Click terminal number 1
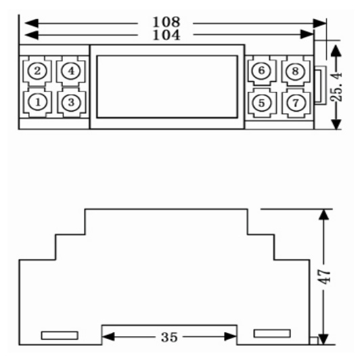[37, 102]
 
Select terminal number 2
[37, 71]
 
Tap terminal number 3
[71, 102]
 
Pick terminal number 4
[71, 71]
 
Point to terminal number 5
[262, 103]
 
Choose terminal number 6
[261, 70]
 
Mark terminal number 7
[296, 102]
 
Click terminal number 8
[295, 71]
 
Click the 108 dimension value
[166, 22]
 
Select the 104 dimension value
[166, 35]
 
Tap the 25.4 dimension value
[336, 87]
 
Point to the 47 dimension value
[324, 277]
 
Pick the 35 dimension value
[169, 337]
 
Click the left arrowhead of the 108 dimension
[31, 23]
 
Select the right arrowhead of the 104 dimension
[307, 35]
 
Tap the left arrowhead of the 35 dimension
[108, 336]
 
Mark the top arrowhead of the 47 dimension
[323, 214]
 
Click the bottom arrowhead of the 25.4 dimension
[336, 124]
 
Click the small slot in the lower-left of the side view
[60, 336]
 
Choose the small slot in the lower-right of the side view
[272, 334]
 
